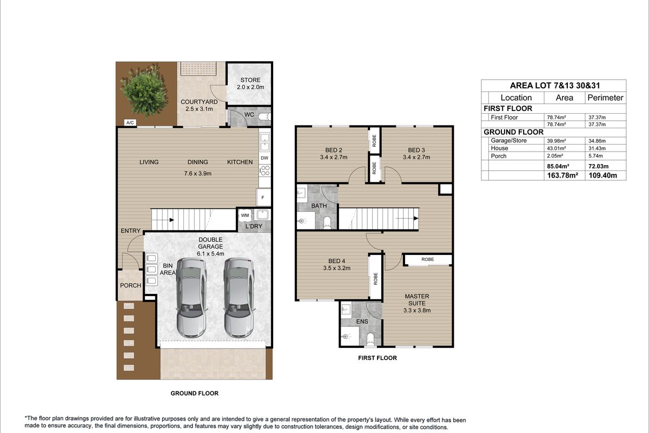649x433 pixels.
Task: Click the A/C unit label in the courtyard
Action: point(130,123)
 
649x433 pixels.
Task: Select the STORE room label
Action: point(250,80)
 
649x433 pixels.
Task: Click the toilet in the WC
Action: point(264,117)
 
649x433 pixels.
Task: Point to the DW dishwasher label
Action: point(264,158)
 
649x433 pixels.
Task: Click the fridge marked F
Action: point(263,198)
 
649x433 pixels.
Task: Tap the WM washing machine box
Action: point(245,215)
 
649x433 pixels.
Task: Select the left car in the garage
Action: point(191,298)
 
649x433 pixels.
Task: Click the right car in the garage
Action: point(239,298)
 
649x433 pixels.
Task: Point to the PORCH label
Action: point(130,285)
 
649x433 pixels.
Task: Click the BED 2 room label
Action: point(334,150)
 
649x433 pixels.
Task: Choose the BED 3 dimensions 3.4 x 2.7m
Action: point(416,158)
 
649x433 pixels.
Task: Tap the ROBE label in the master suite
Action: point(428,259)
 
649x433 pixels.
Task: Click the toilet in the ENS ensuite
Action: point(370,339)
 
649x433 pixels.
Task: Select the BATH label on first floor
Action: point(319,206)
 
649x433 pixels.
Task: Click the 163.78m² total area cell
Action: point(562,175)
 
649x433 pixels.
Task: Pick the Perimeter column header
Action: point(605,98)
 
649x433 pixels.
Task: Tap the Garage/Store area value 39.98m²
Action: point(557,141)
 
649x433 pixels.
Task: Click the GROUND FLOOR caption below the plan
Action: point(194,393)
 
